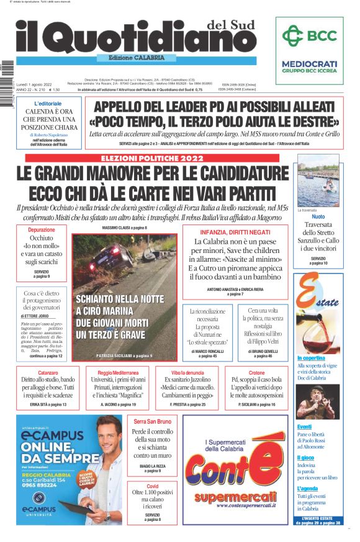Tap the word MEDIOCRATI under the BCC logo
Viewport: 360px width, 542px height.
coord(310,63)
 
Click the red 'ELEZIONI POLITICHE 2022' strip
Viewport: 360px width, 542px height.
coord(152,158)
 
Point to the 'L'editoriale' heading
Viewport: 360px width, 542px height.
coord(48,103)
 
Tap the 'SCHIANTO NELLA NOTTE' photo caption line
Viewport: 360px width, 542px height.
coord(120,298)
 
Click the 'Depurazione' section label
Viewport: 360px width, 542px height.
coord(41,229)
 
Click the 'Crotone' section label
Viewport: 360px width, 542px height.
coord(256,373)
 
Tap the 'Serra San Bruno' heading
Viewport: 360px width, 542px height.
coord(152,422)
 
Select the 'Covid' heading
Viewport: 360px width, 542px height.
coord(152,487)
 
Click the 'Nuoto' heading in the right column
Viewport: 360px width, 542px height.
coord(318,216)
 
